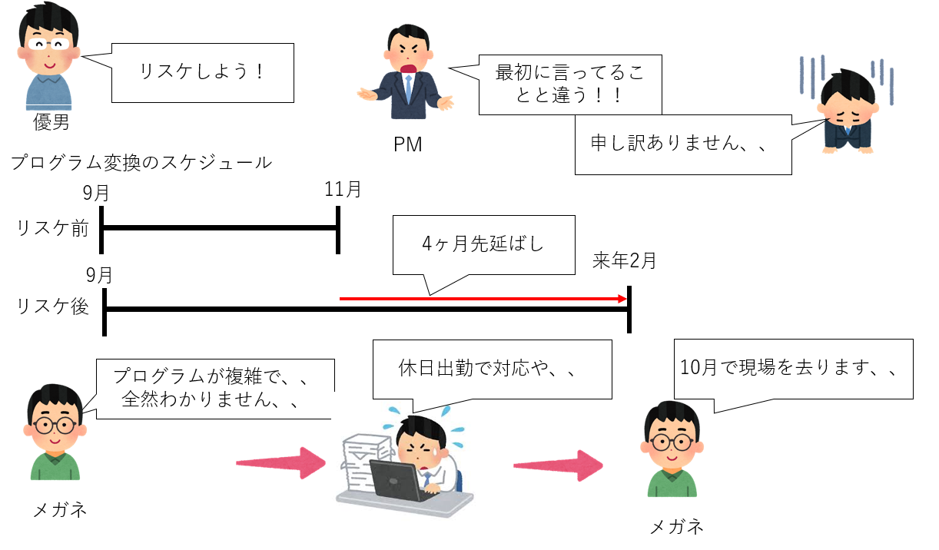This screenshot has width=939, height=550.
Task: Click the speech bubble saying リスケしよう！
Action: coord(202,73)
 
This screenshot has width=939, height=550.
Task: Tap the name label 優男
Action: coord(51,122)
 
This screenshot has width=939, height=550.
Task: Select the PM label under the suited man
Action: coord(407,144)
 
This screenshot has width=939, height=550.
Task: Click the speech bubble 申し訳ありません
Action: coord(683,144)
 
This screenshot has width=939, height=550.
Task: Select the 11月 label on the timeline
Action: coord(343,189)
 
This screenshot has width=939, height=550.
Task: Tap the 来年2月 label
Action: coord(624,260)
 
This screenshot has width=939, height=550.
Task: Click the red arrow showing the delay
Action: coord(483,299)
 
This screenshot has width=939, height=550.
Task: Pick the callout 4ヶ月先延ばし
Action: coord(484,245)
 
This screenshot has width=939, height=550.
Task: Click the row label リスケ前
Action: coord(52,229)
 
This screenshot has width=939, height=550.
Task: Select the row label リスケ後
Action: coord(52,306)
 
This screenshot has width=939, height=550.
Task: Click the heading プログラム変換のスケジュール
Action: coord(141,163)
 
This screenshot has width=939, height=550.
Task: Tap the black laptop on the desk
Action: coord(398,480)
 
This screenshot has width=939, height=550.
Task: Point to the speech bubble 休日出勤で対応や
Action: coord(492,369)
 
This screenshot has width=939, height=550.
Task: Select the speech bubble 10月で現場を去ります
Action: coord(794,369)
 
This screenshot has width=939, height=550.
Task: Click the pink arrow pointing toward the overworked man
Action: coord(281,462)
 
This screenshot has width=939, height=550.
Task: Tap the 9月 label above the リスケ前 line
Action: coord(95,193)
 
